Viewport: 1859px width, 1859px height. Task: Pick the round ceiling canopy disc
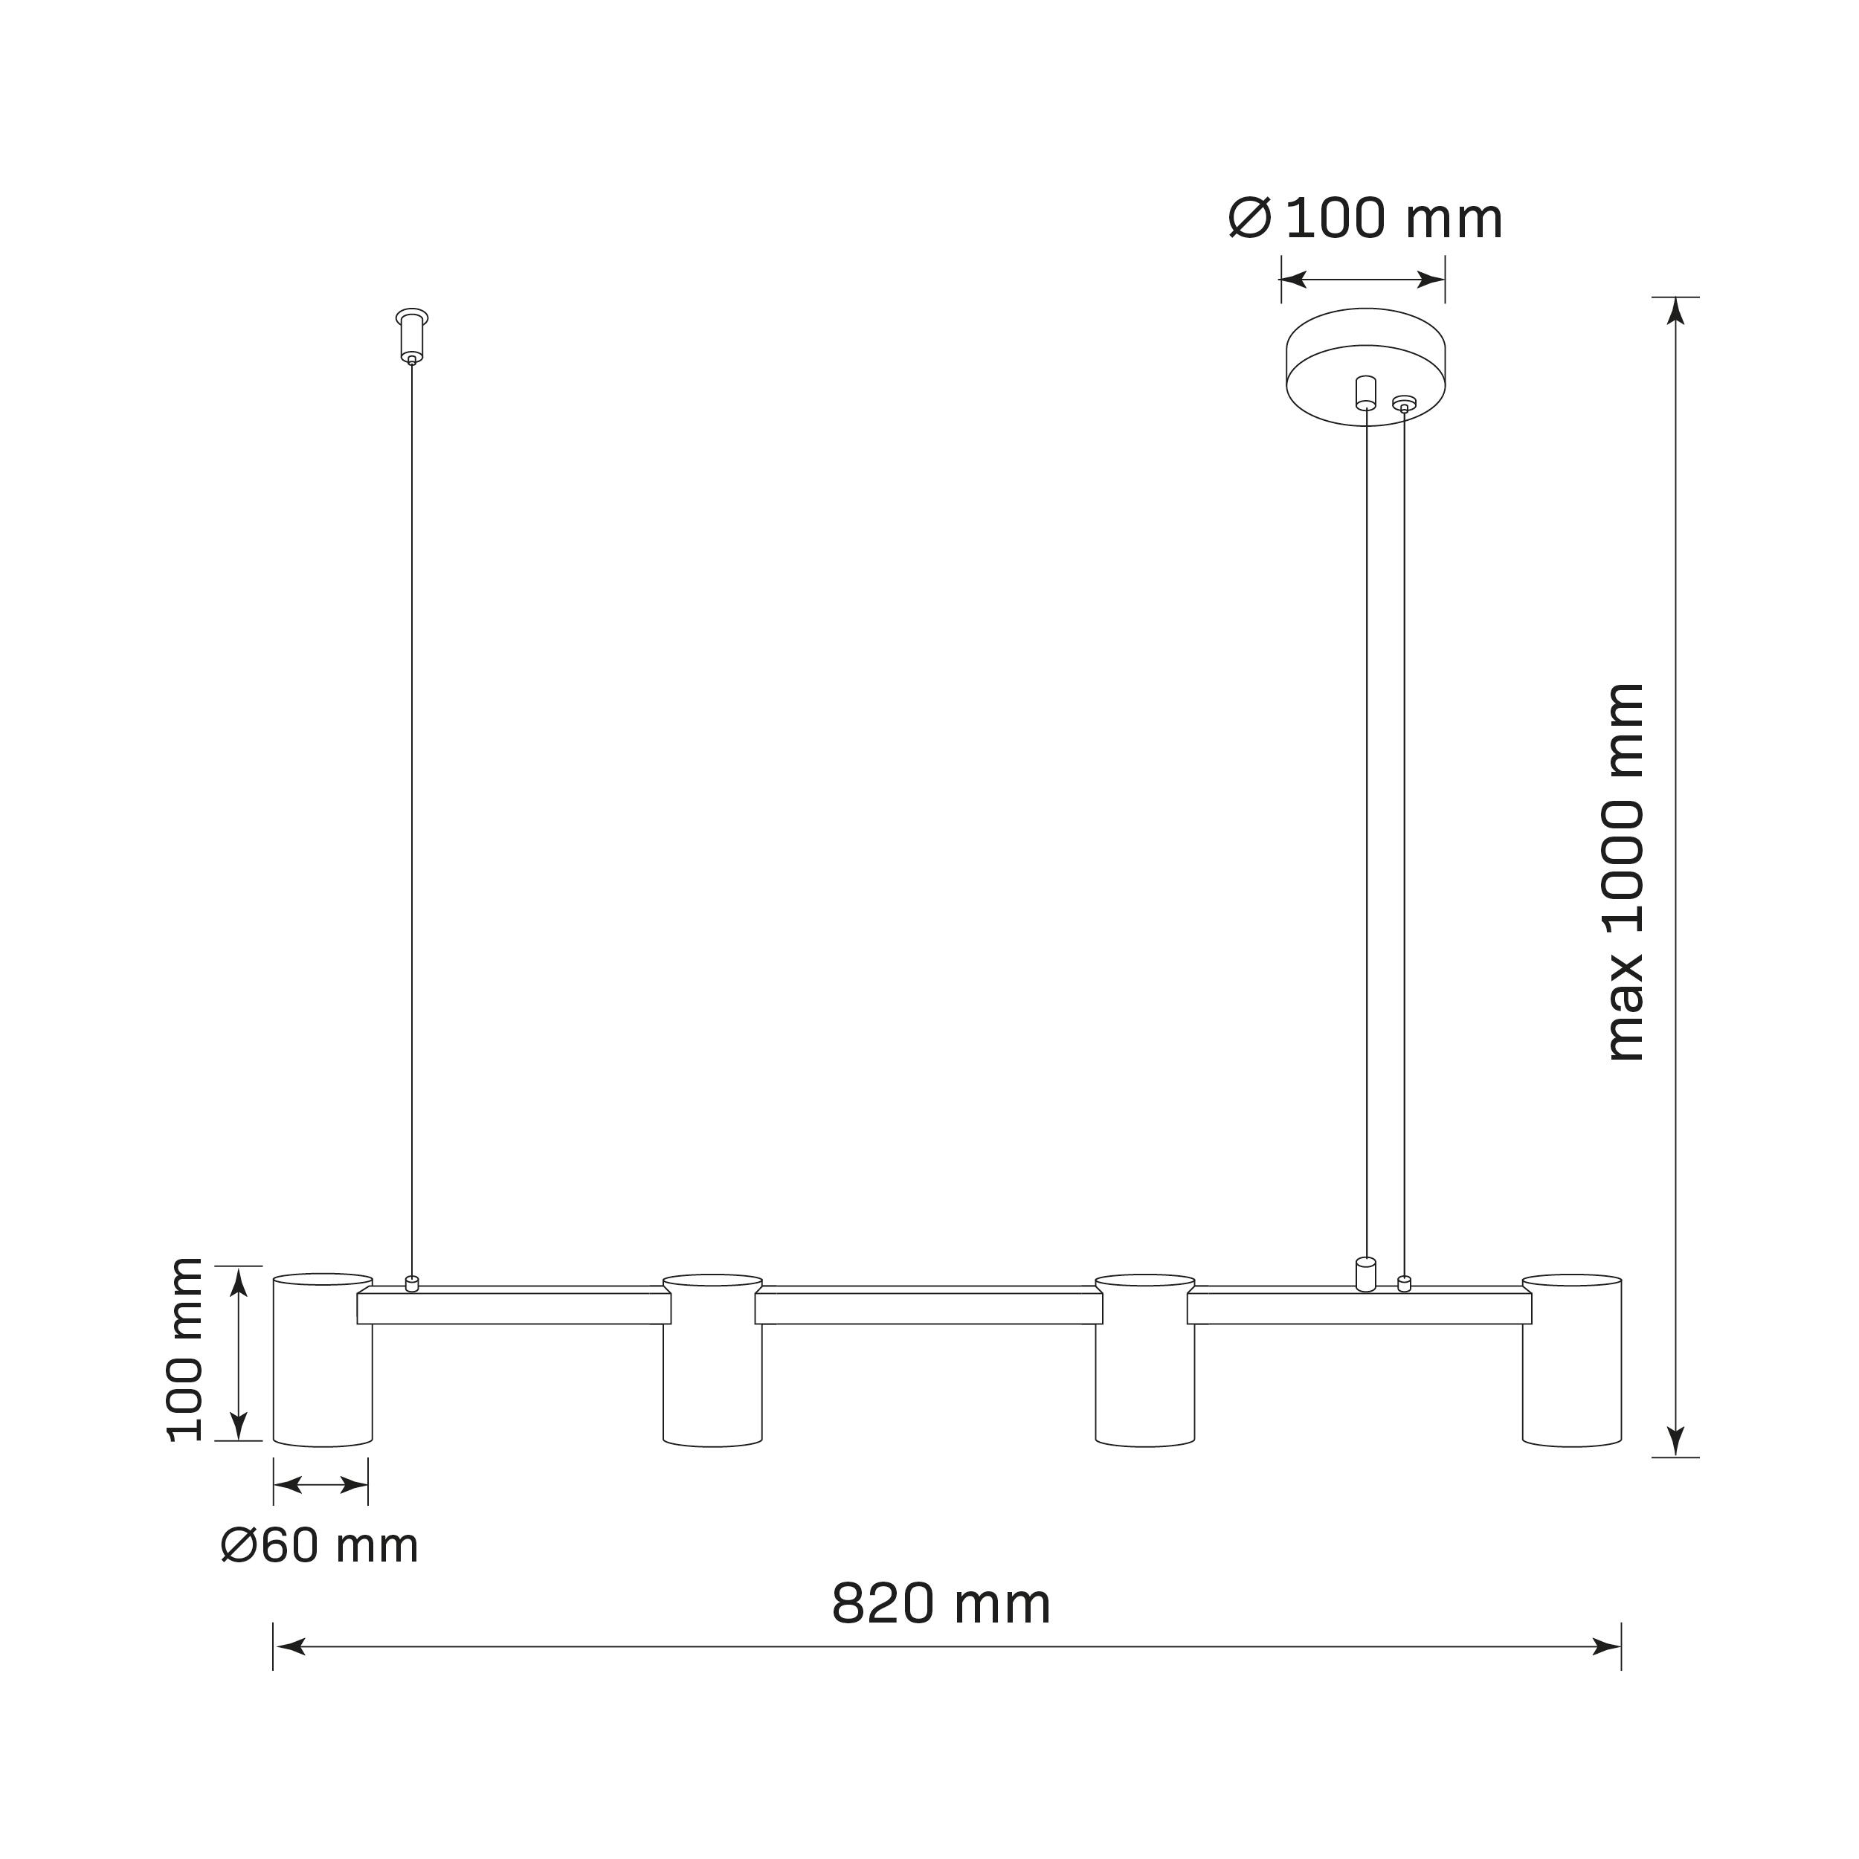point(1365,366)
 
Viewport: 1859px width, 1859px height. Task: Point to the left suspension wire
point(412,818)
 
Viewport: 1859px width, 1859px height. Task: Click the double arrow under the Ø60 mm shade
point(320,1486)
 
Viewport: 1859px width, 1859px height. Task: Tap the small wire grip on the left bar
point(412,1283)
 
